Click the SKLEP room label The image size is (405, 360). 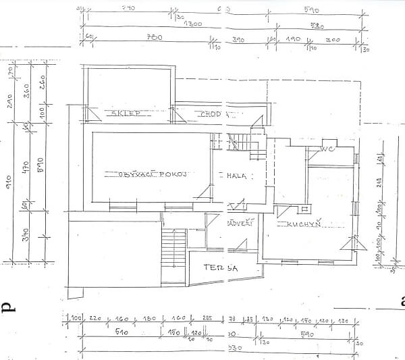point(126,114)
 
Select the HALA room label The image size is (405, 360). point(235,175)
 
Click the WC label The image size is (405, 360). point(327,149)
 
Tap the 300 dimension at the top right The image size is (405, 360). point(334,40)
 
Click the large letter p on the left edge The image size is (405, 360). point(8,307)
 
